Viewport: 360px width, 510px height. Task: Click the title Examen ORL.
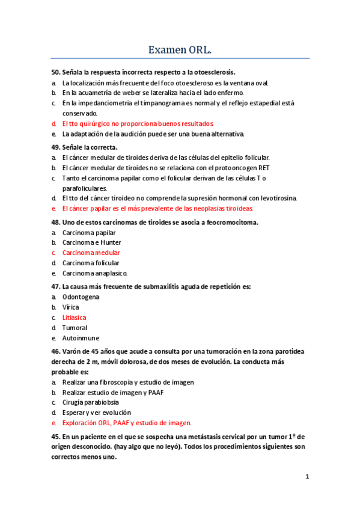[180, 49]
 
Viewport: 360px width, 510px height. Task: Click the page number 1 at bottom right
[307, 477]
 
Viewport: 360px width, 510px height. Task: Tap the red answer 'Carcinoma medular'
[91, 253]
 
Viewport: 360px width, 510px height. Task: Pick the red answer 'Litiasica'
[74, 317]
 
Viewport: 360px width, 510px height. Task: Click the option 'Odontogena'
[81, 296]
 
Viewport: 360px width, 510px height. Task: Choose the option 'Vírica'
[71, 307]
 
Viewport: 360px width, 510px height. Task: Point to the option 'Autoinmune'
[81, 338]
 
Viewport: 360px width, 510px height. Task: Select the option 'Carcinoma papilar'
[89, 232]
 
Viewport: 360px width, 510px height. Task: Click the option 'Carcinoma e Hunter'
[92, 242]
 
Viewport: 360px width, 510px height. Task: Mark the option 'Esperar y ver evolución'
[96, 413]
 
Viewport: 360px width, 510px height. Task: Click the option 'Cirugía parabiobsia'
[90, 402]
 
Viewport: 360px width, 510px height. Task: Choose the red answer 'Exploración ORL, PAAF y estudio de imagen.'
[126, 423]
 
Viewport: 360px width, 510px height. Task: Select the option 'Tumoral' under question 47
[75, 328]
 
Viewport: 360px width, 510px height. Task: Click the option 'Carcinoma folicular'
[91, 263]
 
